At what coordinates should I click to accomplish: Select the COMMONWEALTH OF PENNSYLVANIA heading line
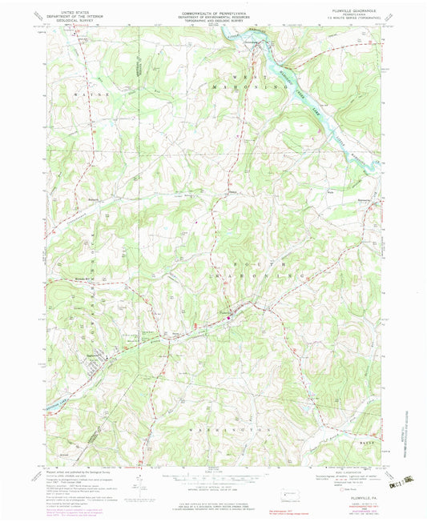tap(212, 13)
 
